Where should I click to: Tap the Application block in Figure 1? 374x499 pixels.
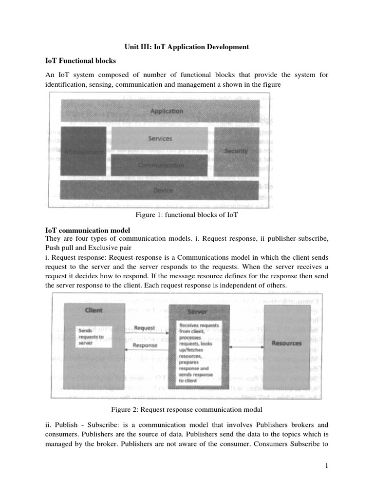pos(167,111)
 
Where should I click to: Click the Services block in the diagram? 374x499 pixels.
pos(160,138)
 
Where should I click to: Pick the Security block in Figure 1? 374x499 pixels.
pos(236,151)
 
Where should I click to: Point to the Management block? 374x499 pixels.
pos(83,152)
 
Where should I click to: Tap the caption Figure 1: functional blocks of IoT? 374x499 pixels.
pos(187,215)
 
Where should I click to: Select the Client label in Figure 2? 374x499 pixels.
pos(93,310)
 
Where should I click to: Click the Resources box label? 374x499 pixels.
pos(286,343)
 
